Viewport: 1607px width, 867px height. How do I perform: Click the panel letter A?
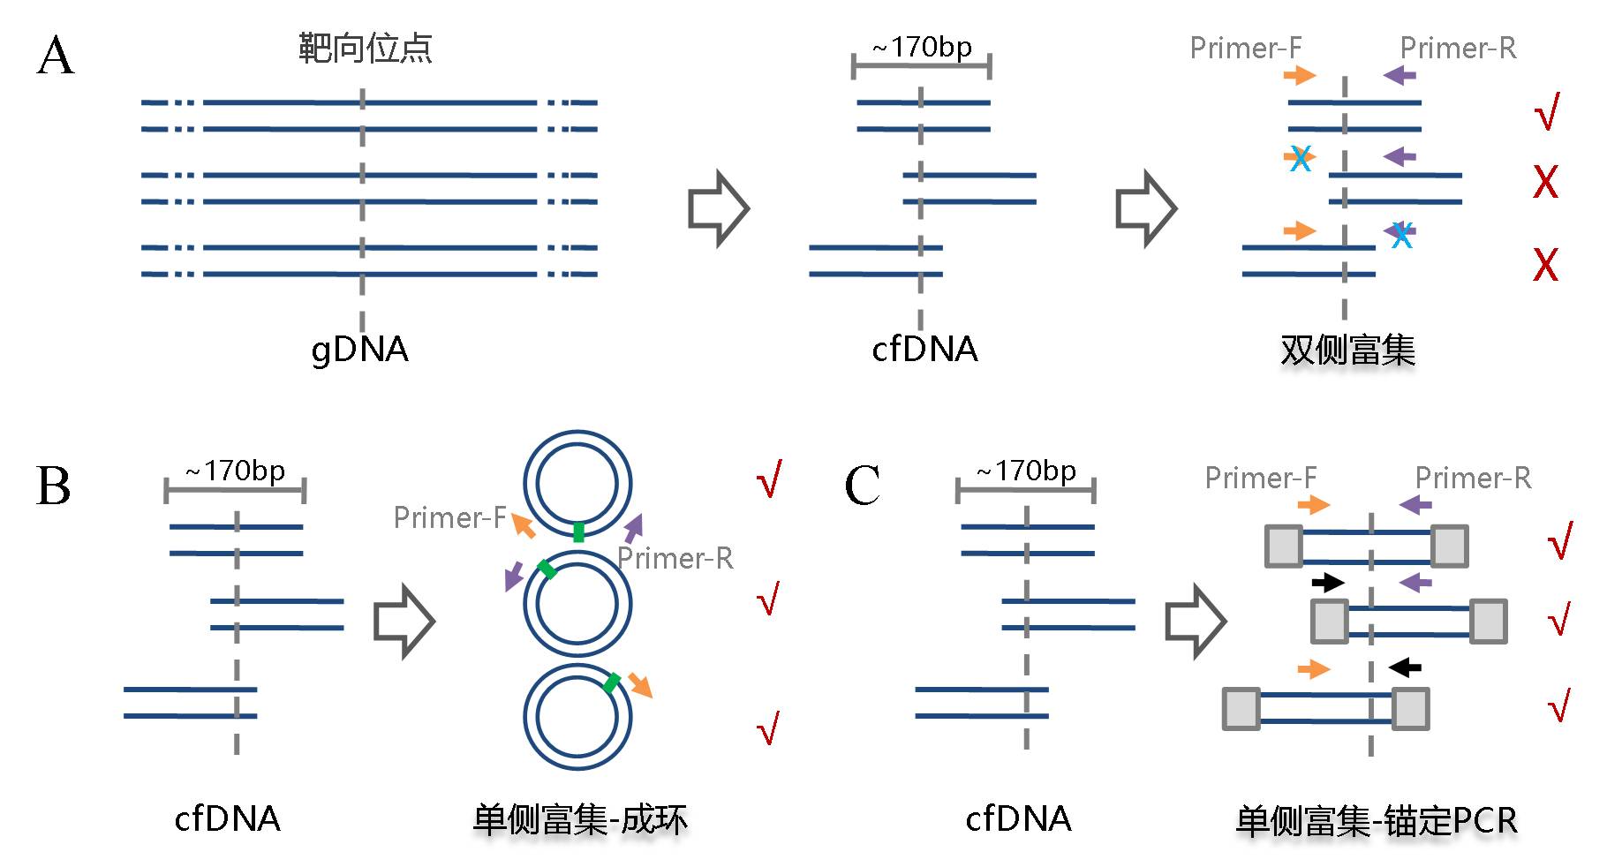56,57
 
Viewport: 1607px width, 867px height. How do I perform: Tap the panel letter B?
53,486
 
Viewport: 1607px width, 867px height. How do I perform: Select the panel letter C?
862,486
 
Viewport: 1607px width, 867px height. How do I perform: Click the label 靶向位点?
365,48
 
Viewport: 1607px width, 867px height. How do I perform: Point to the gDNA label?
359,350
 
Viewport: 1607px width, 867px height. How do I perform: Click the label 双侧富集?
1347,351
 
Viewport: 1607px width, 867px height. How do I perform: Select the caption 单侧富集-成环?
580,820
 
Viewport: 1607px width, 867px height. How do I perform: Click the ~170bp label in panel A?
922,47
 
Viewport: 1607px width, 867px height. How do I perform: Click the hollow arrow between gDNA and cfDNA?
718,208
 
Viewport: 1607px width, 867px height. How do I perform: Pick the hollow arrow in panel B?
404,621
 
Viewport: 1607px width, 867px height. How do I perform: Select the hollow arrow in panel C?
1195,621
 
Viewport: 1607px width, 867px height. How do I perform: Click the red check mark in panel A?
1547,112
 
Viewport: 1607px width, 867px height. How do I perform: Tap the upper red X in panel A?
1545,182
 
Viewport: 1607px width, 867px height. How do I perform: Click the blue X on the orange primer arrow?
1300,159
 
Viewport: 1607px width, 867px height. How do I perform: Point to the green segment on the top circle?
578,531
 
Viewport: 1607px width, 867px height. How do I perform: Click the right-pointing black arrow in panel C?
1327,582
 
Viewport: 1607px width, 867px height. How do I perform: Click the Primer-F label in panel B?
449,517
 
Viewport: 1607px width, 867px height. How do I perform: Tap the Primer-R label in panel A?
1458,48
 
